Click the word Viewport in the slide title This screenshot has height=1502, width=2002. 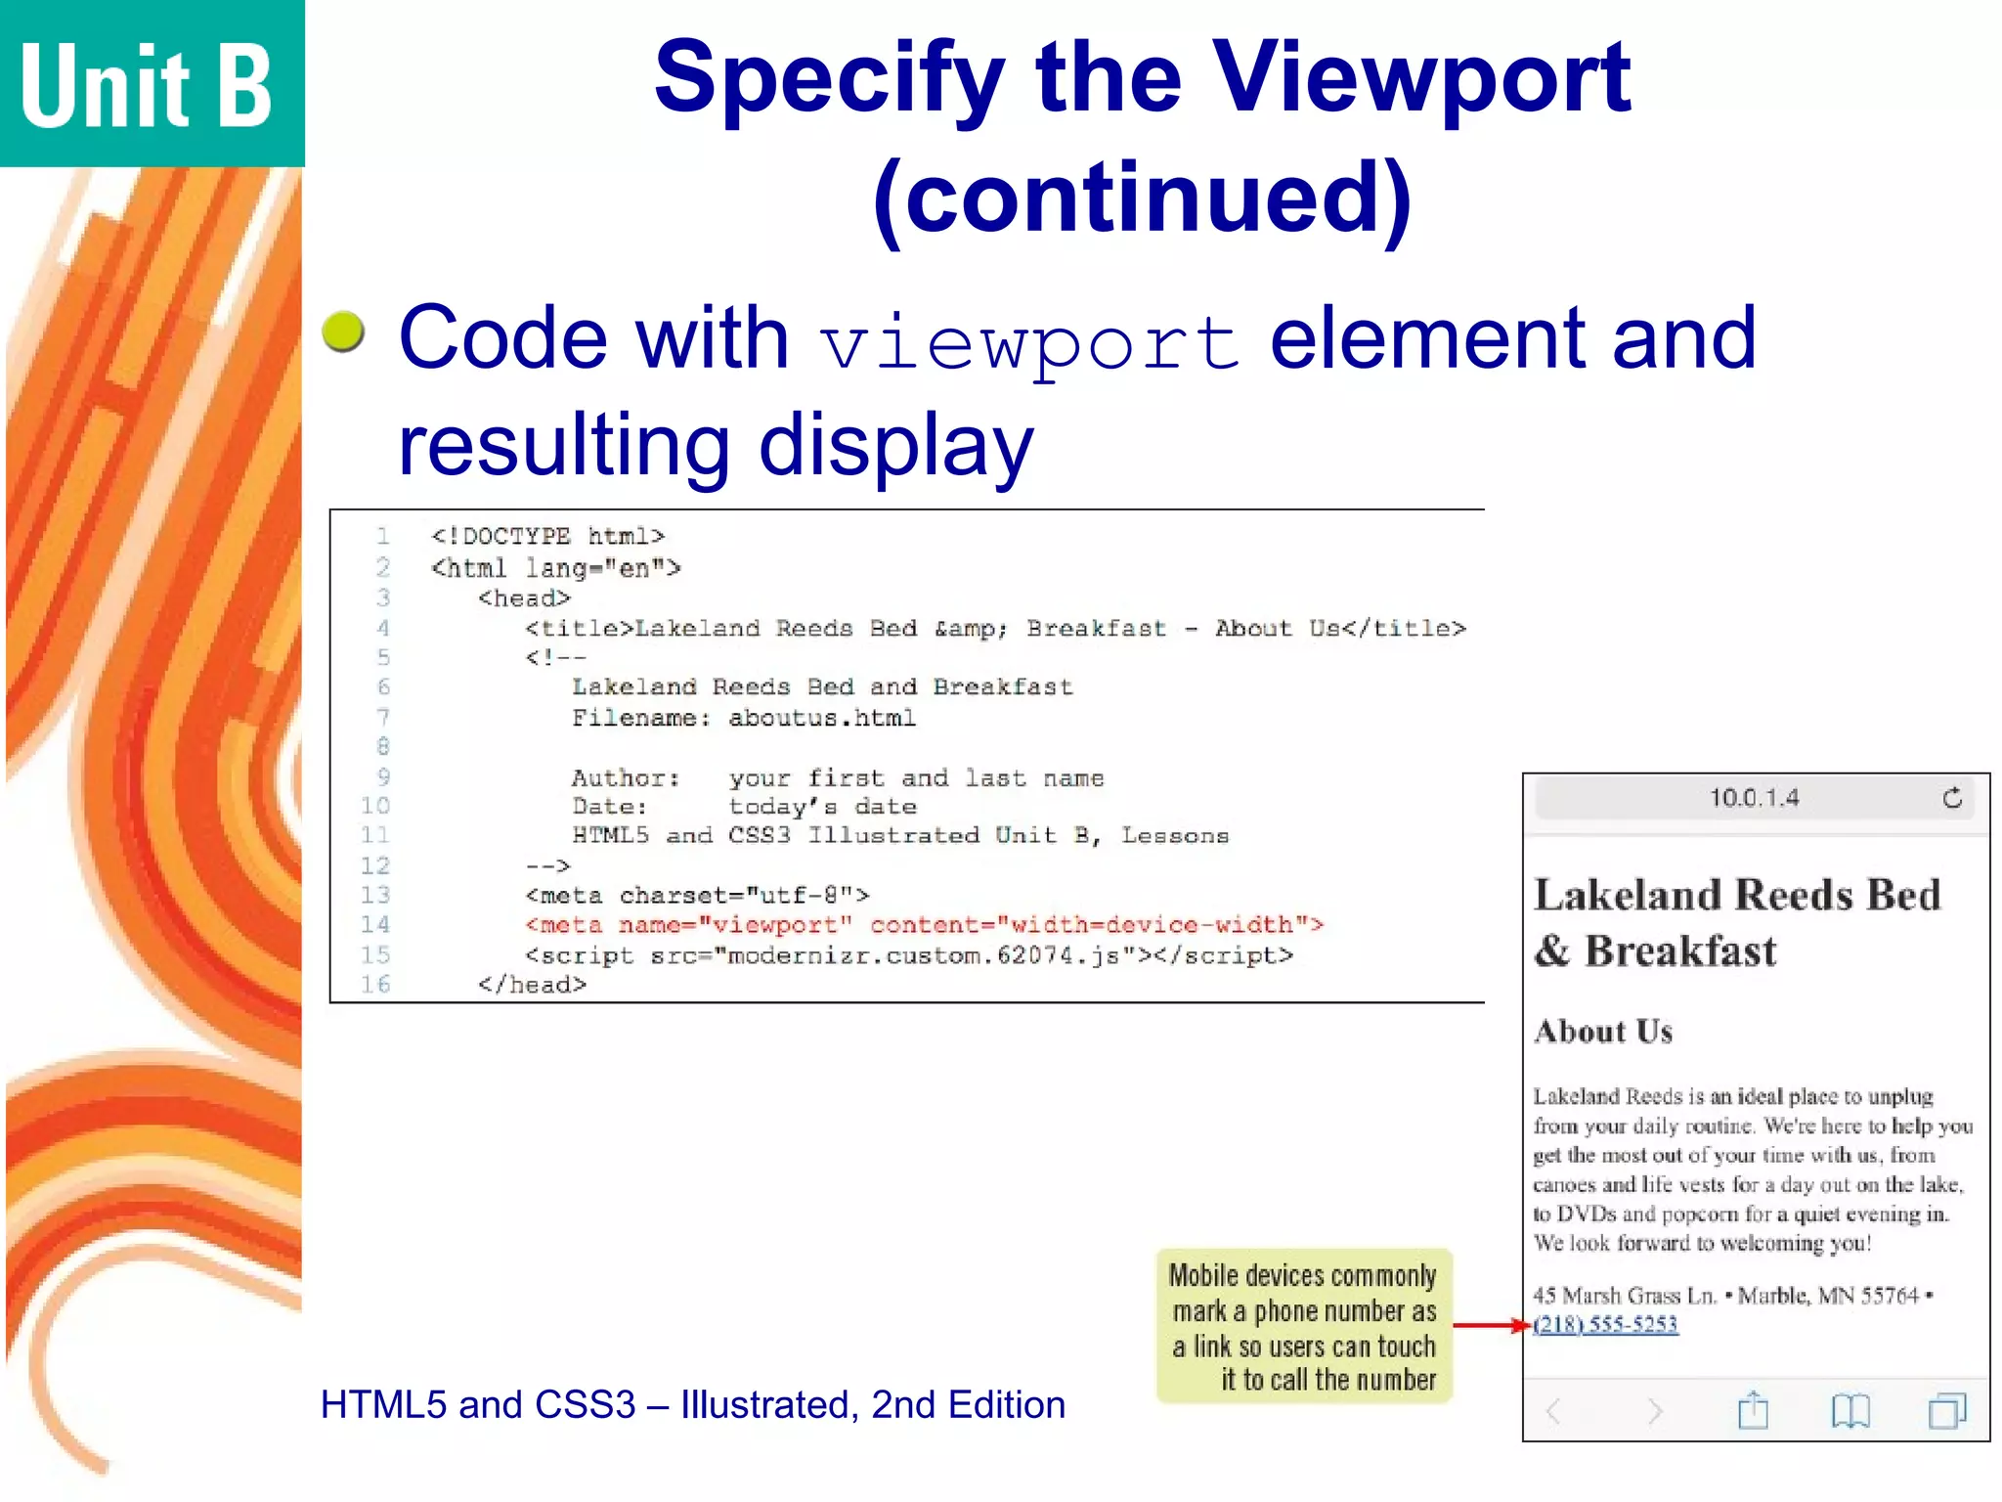click(1421, 78)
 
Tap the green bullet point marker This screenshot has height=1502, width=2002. click(343, 331)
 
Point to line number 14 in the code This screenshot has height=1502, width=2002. click(375, 924)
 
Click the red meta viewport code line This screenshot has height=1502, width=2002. click(924, 925)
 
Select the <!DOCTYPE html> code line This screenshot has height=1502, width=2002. click(547, 536)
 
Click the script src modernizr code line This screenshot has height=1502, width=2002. click(909, 955)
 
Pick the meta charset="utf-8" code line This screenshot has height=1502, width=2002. click(697, 896)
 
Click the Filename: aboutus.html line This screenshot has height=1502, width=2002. click(743, 718)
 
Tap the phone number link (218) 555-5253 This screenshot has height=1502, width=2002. click(1606, 1324)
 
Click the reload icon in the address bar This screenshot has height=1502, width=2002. click(1952, 798)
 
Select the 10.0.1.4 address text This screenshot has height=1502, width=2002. click(1754, 798)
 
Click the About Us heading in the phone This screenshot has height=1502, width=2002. click(1603, 1032)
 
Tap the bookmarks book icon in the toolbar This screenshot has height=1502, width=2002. click(1850, 1411)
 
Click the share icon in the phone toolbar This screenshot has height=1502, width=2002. click(1753, 1411)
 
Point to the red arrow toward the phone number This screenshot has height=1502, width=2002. click(1490, 1326)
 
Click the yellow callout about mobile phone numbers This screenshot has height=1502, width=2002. click(1303, 1326)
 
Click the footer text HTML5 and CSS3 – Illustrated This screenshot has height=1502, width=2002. click(692, 1405)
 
